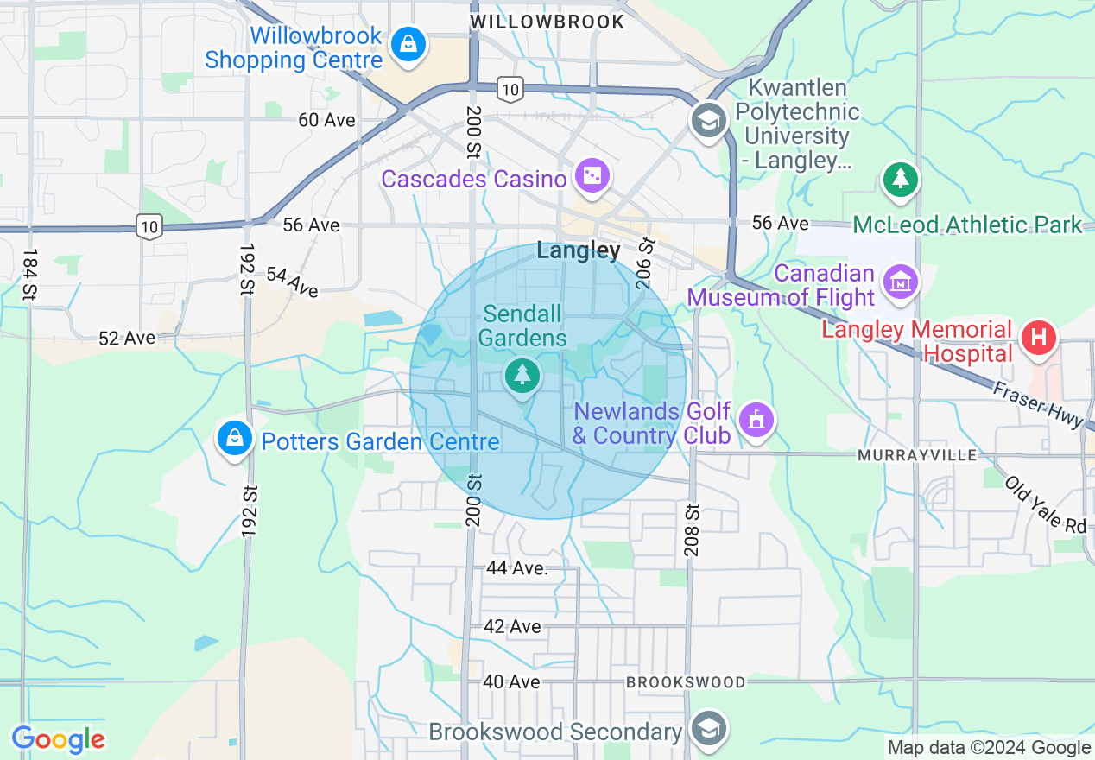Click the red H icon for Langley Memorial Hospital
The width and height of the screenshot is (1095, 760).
1039,337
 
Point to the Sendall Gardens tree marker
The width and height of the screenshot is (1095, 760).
522,376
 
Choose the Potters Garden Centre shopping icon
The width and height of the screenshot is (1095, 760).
234,439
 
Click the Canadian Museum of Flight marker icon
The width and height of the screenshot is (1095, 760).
900,282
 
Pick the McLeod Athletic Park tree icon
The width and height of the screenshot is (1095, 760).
901,180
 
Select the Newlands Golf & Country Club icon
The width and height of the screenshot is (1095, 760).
756,421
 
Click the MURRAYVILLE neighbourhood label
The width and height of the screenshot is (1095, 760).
917,454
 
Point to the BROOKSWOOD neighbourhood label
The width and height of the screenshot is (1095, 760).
686,682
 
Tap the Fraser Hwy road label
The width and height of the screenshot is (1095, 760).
1036,404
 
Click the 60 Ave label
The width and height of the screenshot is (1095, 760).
326,120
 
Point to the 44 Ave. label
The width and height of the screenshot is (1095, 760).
517,568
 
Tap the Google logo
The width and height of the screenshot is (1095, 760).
58,740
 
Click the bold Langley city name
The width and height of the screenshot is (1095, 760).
579,250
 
